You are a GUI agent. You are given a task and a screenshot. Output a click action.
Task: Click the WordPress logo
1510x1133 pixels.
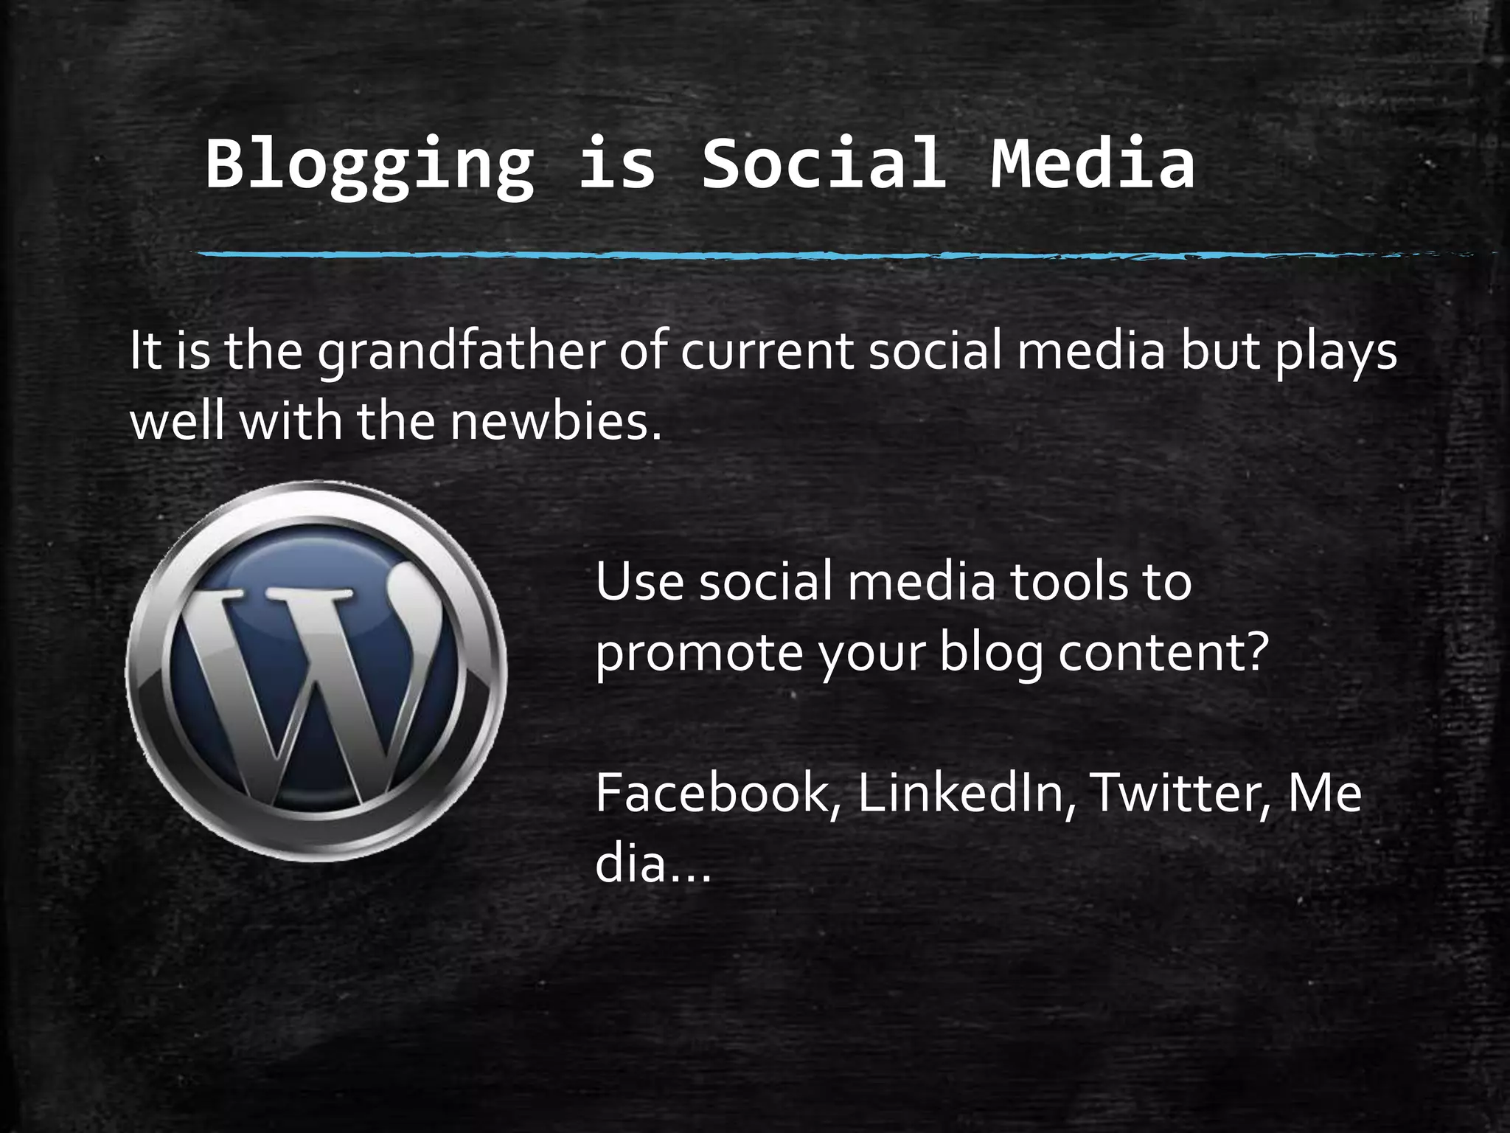point(317,671)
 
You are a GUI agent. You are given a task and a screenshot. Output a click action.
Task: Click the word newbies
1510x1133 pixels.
point(555,422)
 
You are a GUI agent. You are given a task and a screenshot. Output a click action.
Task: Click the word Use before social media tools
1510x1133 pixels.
point(639,581)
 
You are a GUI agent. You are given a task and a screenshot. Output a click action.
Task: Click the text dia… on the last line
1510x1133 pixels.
point(653,863)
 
